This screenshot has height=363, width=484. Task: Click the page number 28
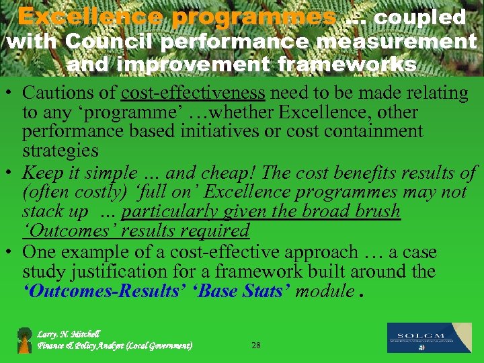tap(255, 345)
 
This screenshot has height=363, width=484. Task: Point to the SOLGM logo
tap(429, 337)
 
